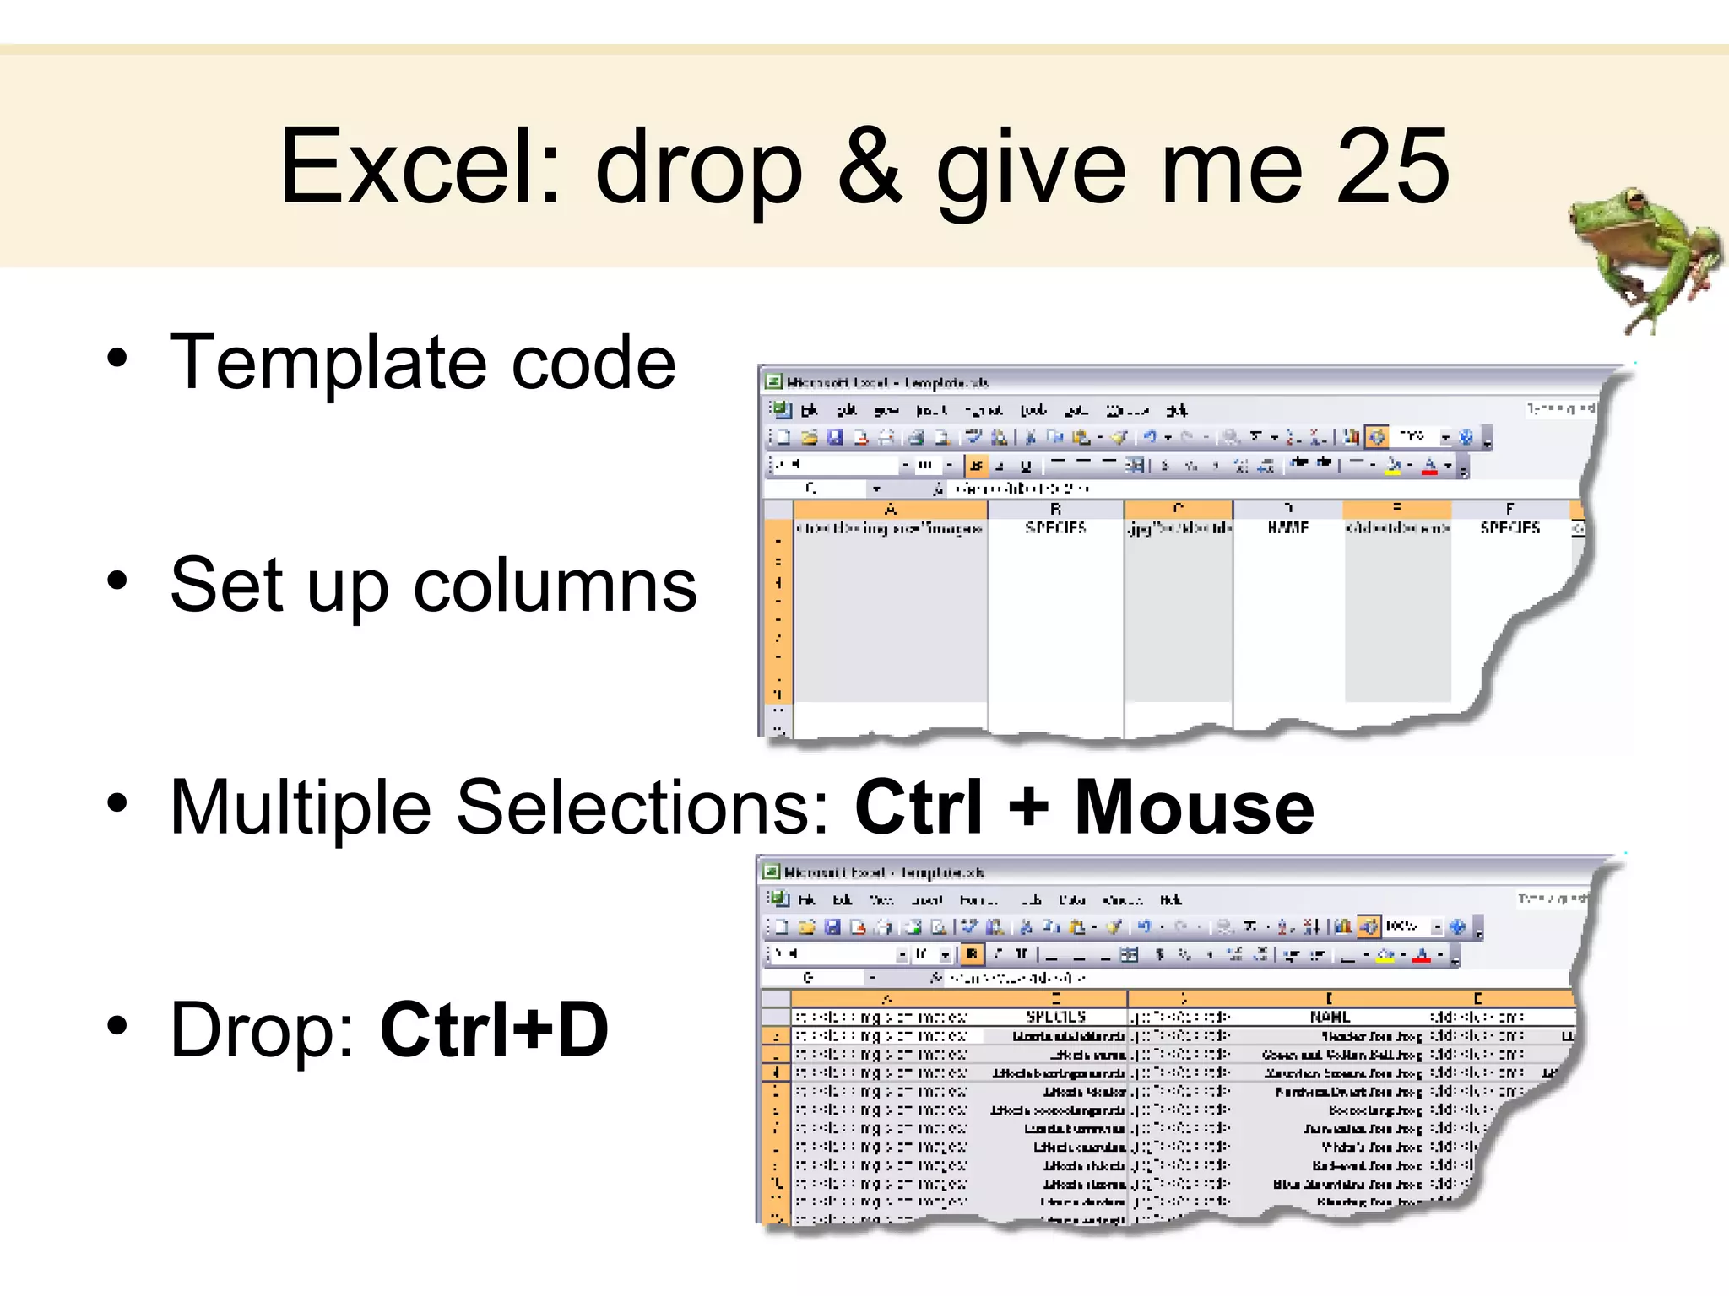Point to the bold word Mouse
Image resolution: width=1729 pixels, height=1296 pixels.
[1194, 807]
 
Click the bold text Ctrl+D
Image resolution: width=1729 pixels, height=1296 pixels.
[495, 1029]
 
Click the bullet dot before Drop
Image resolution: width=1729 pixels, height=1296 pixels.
[117, 1026]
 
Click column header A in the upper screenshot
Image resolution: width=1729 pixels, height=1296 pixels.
[890, 510]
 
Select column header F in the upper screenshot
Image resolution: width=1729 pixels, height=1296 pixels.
[1509, 510]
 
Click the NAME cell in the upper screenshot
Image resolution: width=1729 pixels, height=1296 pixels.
[1287, 528]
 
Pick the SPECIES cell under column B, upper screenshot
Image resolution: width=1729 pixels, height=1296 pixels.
[1055, 528]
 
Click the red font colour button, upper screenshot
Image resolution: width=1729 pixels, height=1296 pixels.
[1429, 465]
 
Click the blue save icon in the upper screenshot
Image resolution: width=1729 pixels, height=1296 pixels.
[835, 437]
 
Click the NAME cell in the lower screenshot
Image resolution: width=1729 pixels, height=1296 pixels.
[1330, 1018]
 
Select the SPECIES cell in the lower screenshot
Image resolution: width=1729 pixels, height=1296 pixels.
[1055, 1018]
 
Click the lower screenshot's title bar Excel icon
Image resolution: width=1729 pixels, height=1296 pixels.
[771, 872]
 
